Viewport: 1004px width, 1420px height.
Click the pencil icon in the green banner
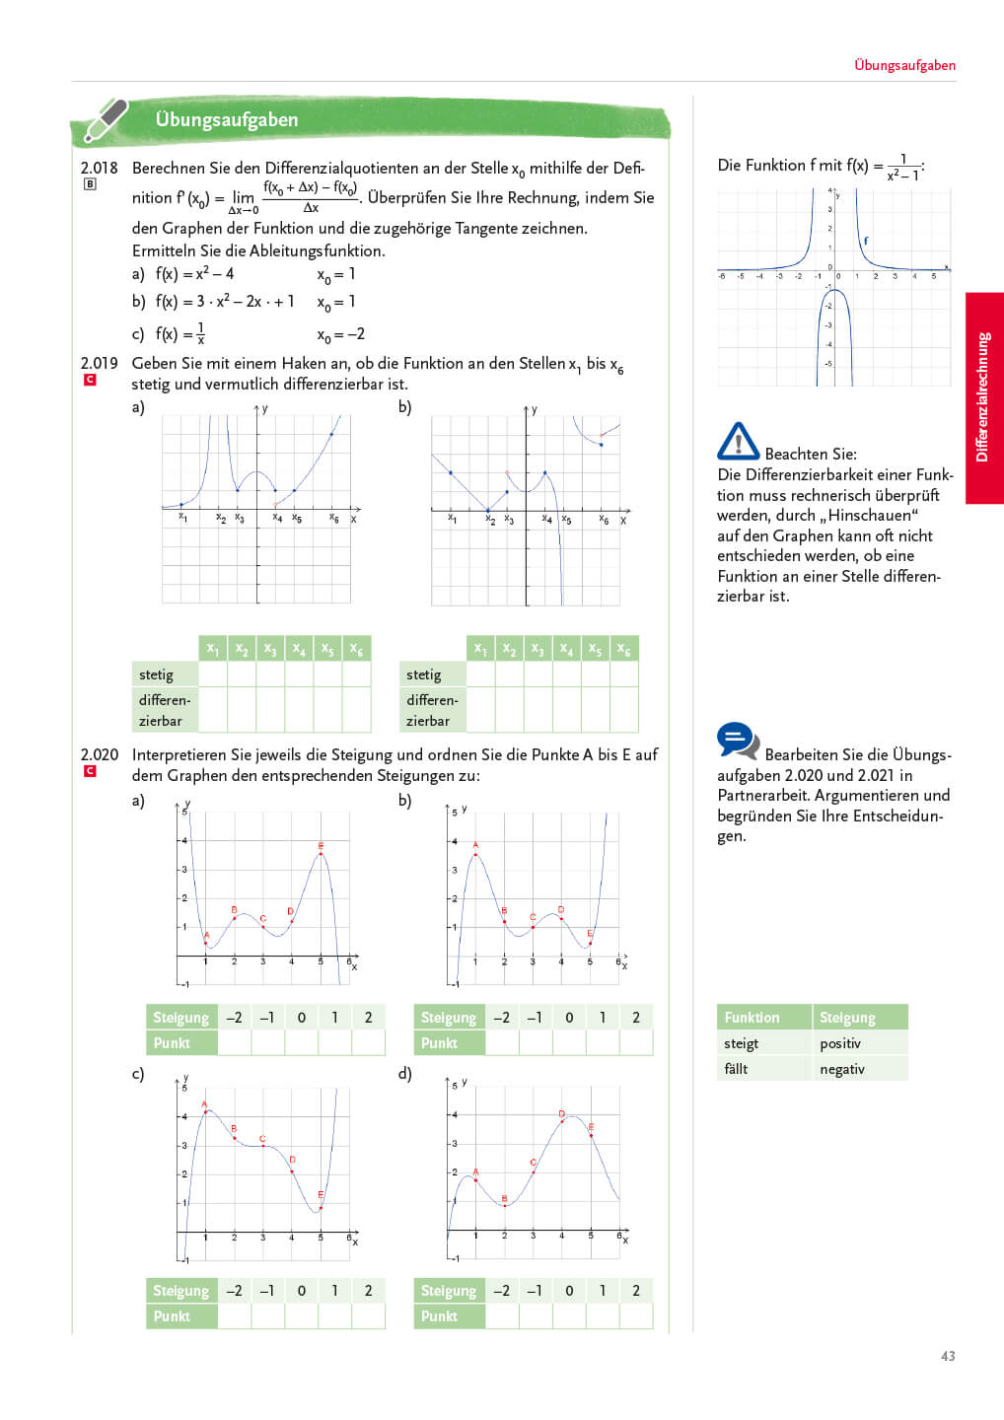coord(106,119)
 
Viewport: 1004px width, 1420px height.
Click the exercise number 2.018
coord(99,168)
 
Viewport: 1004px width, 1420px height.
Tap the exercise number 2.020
coord(99,754)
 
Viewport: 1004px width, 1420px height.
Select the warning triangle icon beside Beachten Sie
coord(738,442)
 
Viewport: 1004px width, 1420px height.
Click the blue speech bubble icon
coord(738,741)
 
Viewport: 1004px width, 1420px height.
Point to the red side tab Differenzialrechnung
coord(983,397)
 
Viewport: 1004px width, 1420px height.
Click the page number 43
coord(948,1356)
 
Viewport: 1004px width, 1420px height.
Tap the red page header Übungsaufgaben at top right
coord(904,65)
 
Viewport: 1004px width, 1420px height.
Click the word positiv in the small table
coord(840,1043)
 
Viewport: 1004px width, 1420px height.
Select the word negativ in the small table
coord(842,1069)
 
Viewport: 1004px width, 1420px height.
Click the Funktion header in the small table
coord(752,1018)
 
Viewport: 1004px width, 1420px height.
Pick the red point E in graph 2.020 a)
coord(321,854)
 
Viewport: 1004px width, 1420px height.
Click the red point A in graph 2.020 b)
coord(475,854)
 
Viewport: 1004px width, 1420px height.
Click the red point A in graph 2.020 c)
coord(205,1111)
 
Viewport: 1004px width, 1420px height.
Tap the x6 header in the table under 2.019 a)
coord(356,649)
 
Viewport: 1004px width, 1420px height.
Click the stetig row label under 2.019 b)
coord(424,674)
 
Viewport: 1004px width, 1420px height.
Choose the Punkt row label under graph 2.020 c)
coord(172,1315)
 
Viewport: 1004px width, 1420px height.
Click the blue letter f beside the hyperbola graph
coord(866,240)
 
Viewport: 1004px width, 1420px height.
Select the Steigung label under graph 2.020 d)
coord(449,1290)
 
